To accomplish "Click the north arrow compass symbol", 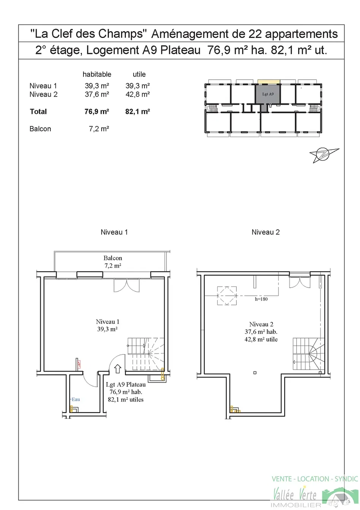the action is tap(324, 155).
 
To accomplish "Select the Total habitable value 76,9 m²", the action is tap(97, 112).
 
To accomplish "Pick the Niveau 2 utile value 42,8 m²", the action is tap(138, 94).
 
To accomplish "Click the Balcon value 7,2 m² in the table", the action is tap(99, 129).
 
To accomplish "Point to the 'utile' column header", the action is tap(139, 74).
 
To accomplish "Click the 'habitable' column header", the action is tap(97, 74).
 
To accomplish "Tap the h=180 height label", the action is tap(261, 299).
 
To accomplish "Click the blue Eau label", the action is tap(75, 399).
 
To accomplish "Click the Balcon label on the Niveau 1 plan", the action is tap(113, 258).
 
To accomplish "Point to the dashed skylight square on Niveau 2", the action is tap(227, 296).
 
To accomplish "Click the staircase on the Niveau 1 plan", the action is tap(146, 354).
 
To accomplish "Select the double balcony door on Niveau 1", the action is tap(127, 285).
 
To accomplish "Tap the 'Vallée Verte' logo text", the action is tap(295, 494).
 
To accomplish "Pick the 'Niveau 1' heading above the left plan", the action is tap(114, 232).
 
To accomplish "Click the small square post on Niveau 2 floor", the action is tap(255, 373).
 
